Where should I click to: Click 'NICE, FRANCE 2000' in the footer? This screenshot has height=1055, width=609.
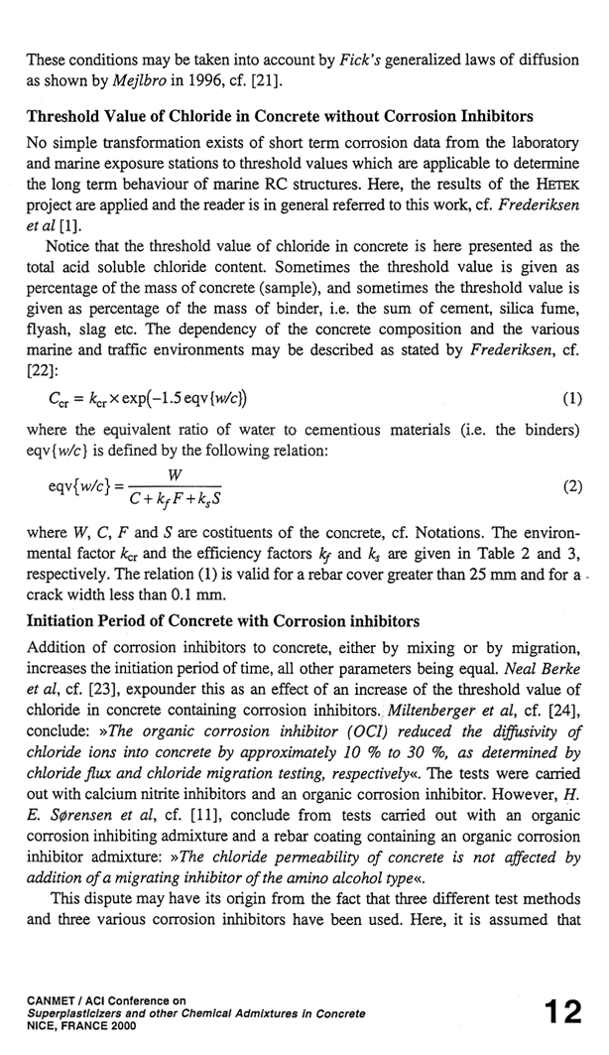81,1026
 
